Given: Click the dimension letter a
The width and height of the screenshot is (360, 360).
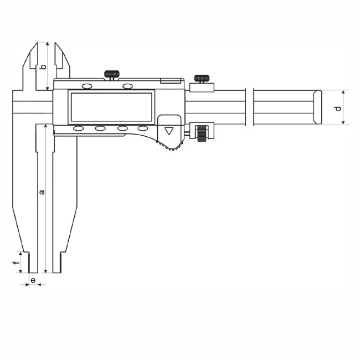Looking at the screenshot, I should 42,192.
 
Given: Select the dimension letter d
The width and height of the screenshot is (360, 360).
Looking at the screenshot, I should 338,107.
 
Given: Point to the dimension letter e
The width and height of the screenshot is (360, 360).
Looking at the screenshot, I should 33,281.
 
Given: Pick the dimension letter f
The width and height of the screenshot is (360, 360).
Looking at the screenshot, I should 16,259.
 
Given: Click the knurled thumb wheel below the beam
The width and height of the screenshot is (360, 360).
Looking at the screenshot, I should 202,132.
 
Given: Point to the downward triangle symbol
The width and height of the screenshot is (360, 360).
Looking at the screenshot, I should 169,131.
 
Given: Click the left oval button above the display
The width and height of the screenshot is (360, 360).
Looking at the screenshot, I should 87,86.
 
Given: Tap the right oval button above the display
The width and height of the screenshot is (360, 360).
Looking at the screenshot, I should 128,86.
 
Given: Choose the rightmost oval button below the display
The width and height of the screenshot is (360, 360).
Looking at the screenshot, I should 143,128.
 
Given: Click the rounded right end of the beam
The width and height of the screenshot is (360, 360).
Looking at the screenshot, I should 317,107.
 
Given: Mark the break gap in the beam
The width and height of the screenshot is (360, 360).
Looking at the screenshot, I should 249,107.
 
